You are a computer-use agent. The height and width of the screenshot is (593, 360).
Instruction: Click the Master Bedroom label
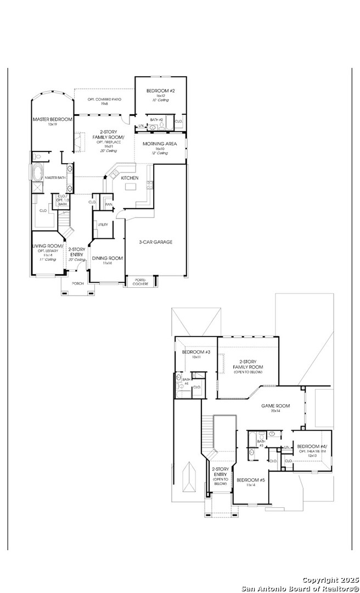click(52, 119)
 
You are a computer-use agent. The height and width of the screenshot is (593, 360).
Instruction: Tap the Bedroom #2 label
click(160, 91)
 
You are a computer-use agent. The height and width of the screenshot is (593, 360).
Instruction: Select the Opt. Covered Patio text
click(105, 99)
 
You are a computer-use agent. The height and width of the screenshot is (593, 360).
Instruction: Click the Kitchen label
click(130, 178)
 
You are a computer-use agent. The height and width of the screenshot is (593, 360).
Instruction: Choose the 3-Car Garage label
click(156, 242)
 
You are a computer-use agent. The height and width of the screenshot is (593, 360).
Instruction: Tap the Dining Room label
click(107, 258)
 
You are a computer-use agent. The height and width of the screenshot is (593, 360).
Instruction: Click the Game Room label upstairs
click(275, 406)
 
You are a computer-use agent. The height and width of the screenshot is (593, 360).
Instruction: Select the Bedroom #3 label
click(196, 352)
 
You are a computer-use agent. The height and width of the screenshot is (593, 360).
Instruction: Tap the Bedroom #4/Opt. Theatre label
click(312, 447)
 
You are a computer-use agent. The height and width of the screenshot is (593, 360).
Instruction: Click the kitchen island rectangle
click(131, 187)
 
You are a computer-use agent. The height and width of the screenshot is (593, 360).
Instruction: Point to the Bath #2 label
click(157, 119)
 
